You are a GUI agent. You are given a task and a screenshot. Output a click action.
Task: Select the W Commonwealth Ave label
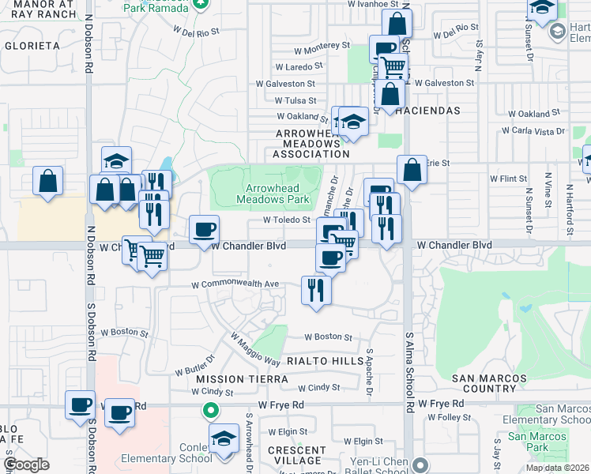pos(235,284)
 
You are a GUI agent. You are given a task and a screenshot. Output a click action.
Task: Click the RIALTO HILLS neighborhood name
pos(323,360)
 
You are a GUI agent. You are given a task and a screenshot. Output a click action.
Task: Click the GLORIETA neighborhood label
pos(32,46)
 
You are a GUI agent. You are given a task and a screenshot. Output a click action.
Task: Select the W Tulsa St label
pos(295,101)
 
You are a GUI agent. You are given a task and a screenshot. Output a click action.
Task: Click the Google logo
pos(26,464)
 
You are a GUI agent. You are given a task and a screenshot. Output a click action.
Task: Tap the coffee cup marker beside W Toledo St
pos(205,230)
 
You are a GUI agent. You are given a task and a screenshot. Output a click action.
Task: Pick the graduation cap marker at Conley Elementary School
pos(224,438)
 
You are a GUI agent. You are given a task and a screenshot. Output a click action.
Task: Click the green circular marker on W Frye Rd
pos(210,410)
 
